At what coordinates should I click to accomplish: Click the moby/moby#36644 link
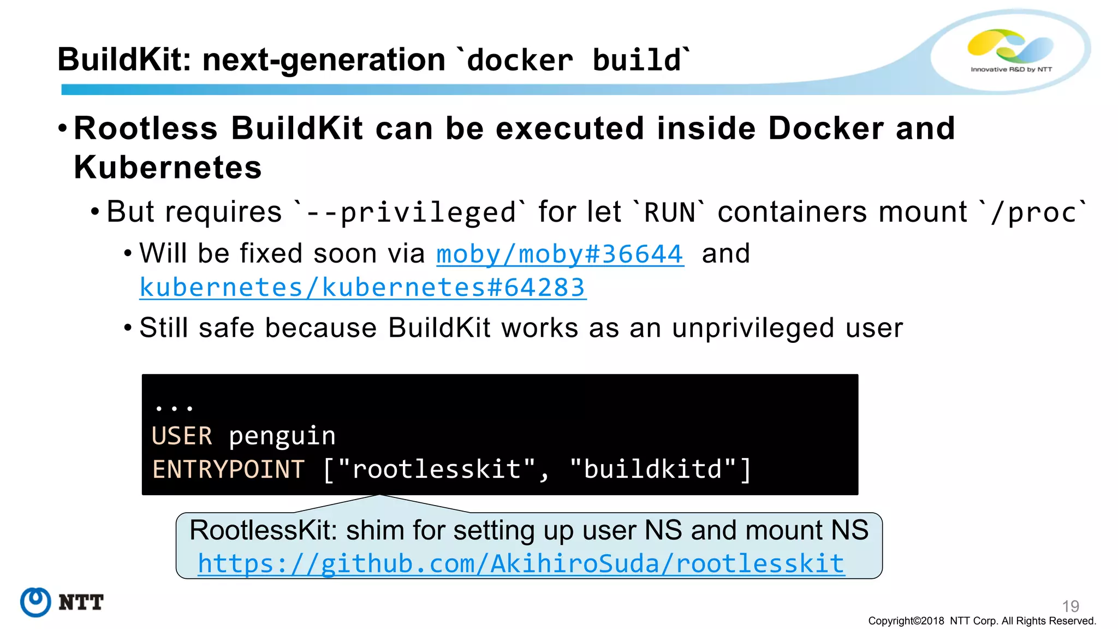[x=560, y=254]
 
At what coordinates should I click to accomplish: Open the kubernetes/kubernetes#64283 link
[x=363, y=288]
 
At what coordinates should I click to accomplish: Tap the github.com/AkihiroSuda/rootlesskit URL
[x=521, y=563]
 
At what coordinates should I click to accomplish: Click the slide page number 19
[x=1071, y=606]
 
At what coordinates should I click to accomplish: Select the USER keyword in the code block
[x=182, y=436]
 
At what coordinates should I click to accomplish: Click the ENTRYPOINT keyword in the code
[x=228, y=470]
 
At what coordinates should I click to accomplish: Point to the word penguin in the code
[x=282, y=436]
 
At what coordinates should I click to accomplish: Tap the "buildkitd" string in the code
[x=653, y=470]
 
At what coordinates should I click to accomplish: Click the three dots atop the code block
[x=174, y=407]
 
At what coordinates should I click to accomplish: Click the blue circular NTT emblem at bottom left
[x=35, y=602]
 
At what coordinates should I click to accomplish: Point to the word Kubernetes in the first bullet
[x=168, y=167]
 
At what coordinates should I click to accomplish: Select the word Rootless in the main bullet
[x=146, y=128]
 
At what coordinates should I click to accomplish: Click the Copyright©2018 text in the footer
[x=906, y=621]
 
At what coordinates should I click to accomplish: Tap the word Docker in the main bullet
[x=826, y=128]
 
